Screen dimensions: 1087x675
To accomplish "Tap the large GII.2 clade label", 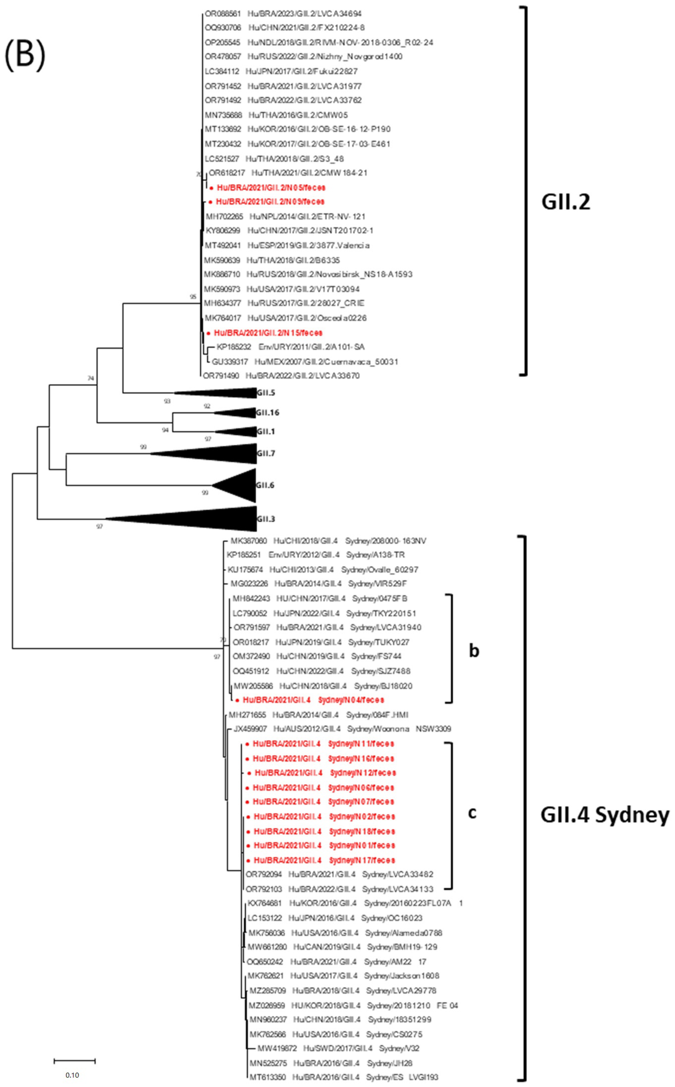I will click(x=566, y=202).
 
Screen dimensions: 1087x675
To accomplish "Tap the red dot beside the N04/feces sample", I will click(x=238, y=700).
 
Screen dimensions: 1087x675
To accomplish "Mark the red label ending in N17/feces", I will click(x=324, y=860).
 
